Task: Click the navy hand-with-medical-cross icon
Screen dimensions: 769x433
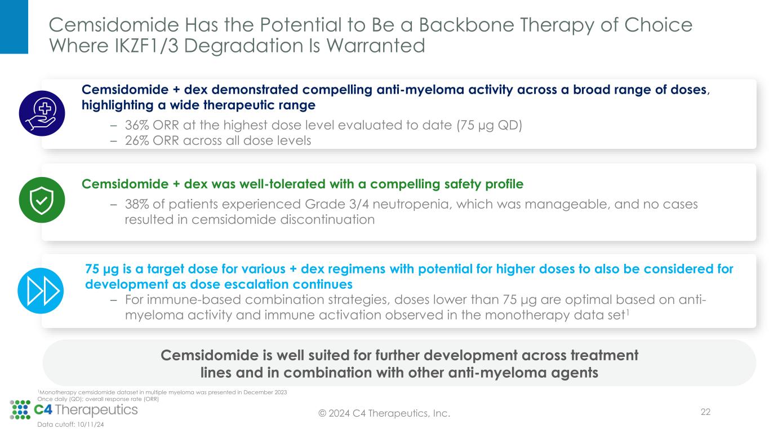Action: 42,113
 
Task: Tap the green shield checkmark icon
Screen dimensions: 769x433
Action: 42,200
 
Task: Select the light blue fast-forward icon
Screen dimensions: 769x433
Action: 41,291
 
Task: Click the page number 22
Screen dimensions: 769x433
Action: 705,412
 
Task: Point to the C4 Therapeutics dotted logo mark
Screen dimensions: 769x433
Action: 20,410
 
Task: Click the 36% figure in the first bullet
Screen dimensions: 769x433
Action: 137,125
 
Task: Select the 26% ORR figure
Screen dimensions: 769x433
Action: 137,140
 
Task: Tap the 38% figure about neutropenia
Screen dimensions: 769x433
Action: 137,204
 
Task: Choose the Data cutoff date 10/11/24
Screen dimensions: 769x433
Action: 90,425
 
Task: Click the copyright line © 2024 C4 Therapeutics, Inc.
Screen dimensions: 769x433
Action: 384,413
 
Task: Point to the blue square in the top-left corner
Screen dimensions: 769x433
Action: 14,27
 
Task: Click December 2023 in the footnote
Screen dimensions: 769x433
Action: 265,392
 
